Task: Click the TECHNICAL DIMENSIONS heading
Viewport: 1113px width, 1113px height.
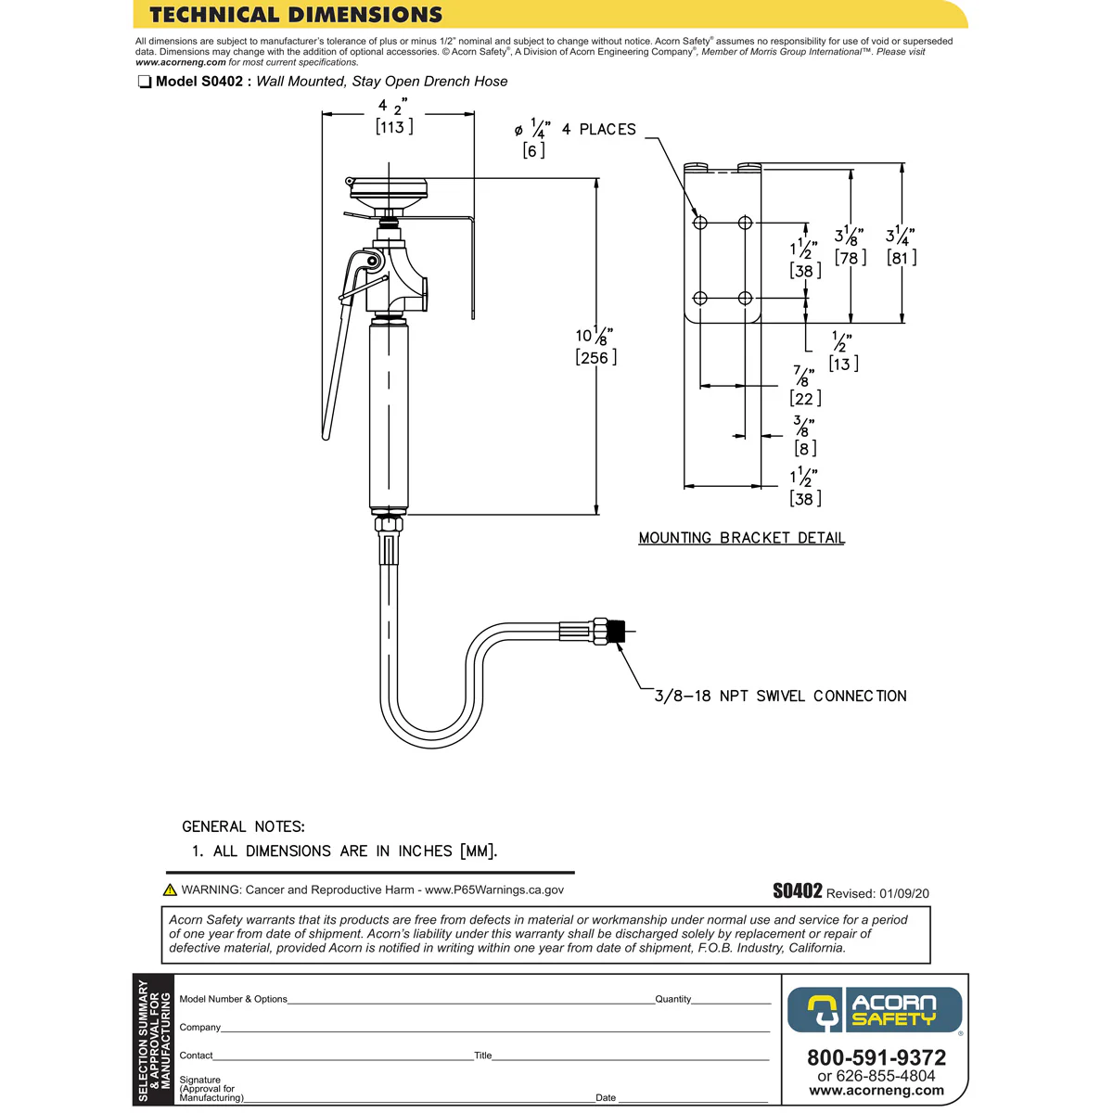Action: (x=296, y=15)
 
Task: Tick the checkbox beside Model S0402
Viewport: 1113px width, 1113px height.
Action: (x=145, y=82)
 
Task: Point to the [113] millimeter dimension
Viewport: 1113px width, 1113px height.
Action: (x=394, y=127)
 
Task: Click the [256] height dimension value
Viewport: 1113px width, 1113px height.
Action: (x=595, y=358)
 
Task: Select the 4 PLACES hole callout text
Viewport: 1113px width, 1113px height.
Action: (x=599, y=130)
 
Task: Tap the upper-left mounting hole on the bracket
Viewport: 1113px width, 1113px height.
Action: (x=700, y=223)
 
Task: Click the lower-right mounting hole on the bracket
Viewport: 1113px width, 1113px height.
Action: (x=745, y=298)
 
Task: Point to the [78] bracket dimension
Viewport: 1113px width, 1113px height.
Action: (x=851, y=258)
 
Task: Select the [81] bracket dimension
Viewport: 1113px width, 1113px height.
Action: (x=902, y=258)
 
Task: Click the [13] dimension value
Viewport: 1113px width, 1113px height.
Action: (x=843, y=365)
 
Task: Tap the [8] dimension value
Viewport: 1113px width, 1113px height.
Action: (x=805, y=449)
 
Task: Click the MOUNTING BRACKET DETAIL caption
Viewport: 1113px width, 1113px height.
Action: (x=741, y=538)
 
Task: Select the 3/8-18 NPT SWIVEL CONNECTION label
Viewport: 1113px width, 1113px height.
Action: (x=780, y=696)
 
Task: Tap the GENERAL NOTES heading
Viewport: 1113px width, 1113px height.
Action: (x=243, y=826)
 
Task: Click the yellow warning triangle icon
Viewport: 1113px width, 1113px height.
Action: (x=170, y=890)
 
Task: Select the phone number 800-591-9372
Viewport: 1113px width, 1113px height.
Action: (x=876, y=1057)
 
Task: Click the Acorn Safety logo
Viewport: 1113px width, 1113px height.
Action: (x=875, y=1010)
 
